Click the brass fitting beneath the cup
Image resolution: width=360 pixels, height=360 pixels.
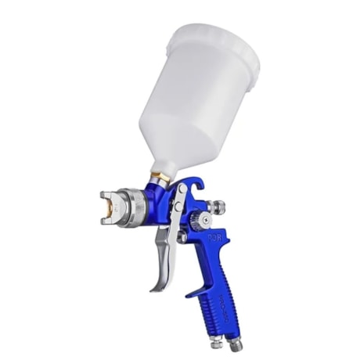160,179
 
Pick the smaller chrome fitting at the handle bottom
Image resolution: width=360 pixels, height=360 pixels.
215,340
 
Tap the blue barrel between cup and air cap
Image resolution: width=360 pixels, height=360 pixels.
160,205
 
